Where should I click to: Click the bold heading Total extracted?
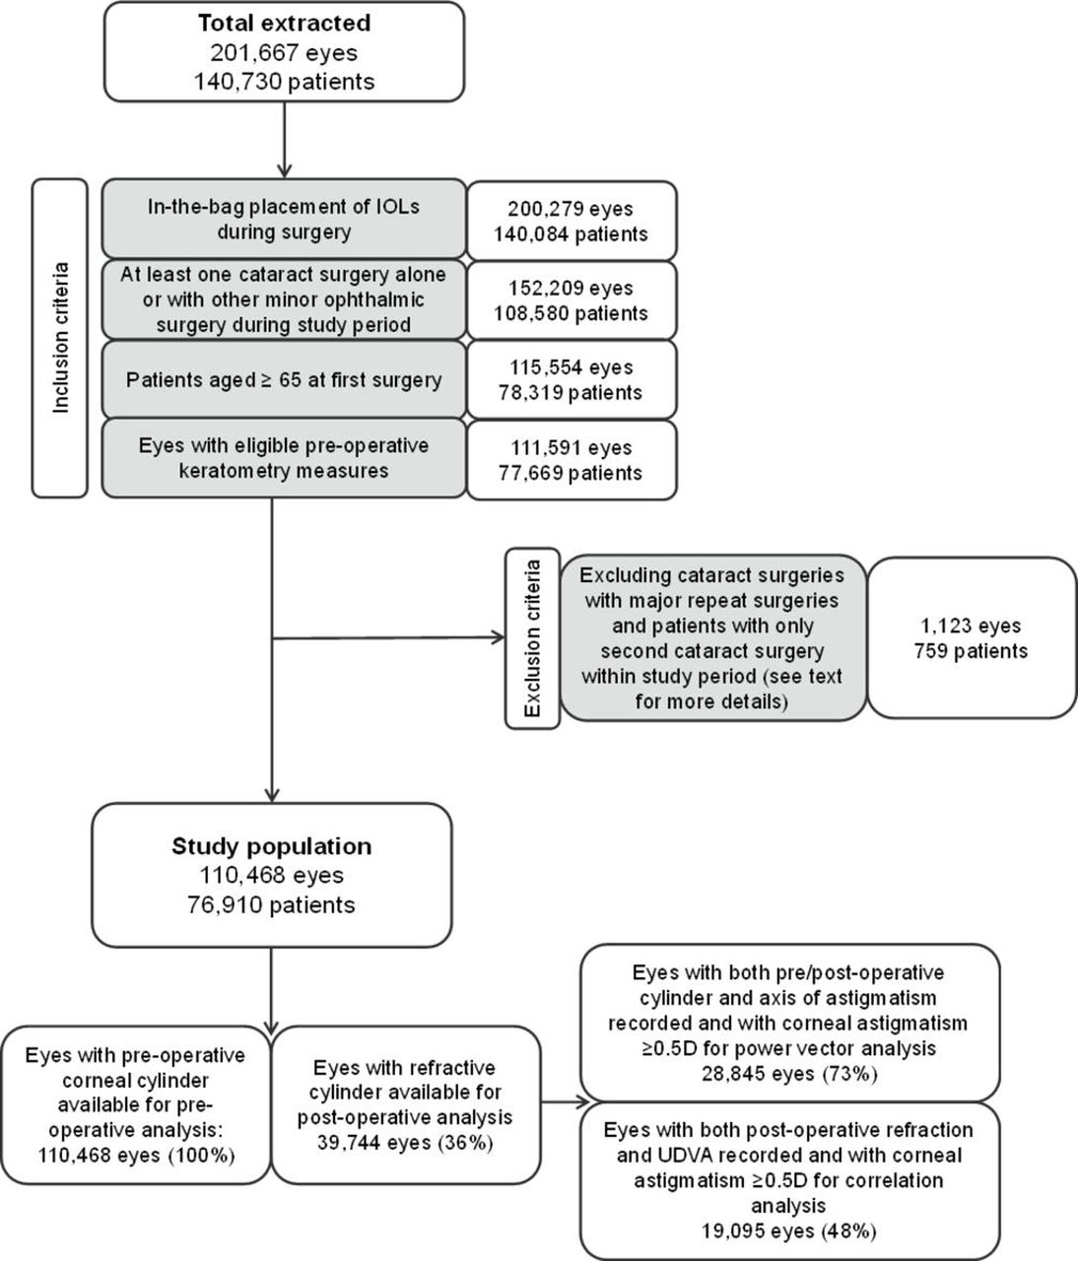click(x=285, y=24)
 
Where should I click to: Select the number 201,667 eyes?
click(x=285, y=52)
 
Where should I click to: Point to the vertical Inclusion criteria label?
click(x=60, y=338)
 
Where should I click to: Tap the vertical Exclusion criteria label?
click(x=532, y=638)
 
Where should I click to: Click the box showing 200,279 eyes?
click(x=572, y=221)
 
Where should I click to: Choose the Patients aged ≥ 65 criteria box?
click(x=284, y=379)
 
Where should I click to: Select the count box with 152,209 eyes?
click(x=572, y=300)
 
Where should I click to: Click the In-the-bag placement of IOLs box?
click(x=284, y=219)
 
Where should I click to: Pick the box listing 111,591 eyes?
click(x=572, y=460)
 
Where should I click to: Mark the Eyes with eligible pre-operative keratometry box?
click(x=284, y=457)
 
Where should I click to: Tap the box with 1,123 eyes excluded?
click(x=972, y=638)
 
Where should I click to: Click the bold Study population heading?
click(x=272, y=847)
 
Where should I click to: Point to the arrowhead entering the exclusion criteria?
click(x=498, y=638)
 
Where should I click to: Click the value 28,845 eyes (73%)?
click(x=789, y=1073)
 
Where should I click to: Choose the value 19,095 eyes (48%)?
click(x=788, y=1231)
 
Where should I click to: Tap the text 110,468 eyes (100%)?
click(x=136, y=1155)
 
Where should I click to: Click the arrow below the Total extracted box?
click(x=285, y=140)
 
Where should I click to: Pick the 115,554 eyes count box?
click(x=572, y=379)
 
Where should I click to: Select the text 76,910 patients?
click(x=271, y=904)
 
